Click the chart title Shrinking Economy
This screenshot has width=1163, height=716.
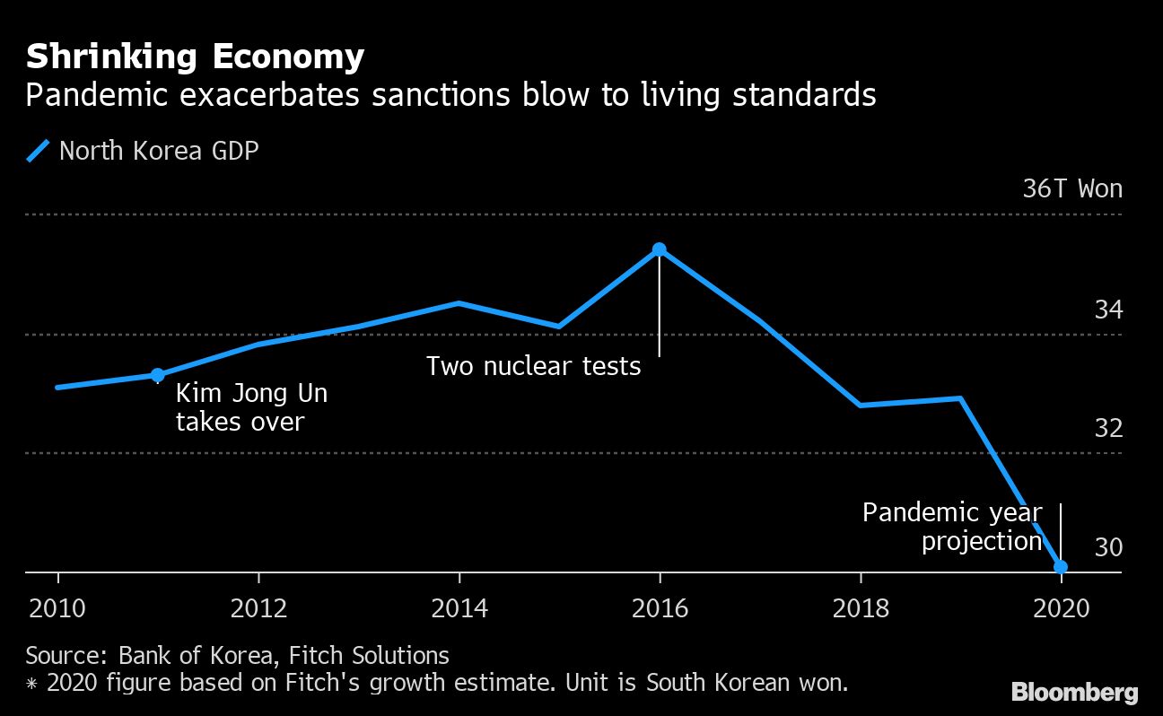(x=195, y=57)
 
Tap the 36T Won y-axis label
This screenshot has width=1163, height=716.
(x=1071, y=189)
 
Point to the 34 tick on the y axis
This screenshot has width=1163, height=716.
(x=1107, y=310)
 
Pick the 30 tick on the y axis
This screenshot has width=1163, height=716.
(x=1107, y=547)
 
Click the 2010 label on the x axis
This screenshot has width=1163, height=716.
(x=58, y=609)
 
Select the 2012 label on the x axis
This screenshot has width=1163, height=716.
(x=259, y=609)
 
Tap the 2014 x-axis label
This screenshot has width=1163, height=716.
(x=459, y=609)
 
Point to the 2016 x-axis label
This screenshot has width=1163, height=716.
(x=660, y=609)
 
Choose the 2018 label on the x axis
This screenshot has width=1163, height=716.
(x=861, y=609)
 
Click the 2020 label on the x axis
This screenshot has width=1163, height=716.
(x=1061, y=609)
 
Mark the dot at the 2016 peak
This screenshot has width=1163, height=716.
(x=660, y=249)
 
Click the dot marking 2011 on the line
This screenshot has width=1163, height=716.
(x=158, y=375)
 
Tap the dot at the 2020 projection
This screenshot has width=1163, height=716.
(x=1061, y=566)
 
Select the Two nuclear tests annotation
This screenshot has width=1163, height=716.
(x=533, y=366)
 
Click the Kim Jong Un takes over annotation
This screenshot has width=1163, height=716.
(x=251, y=407)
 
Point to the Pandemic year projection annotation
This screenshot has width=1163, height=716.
(x=952, y=527)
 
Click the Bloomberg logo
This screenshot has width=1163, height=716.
(x=1074, y=692)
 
